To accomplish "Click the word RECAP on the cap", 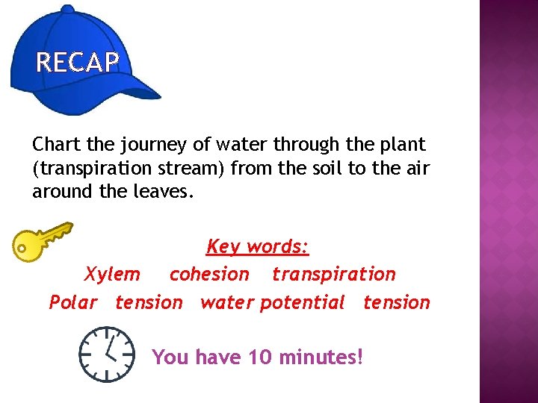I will (x=78, y=63).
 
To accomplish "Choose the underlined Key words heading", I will (x=257, y=246).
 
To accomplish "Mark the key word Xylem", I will (x=112, y=274).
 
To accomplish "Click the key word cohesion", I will (x=209, y=274).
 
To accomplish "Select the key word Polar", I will (x=72, y=302).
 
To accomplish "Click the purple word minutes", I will (x=321, y=357).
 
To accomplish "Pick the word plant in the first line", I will (x=401, y=143).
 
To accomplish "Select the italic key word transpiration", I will (x=333, y=274).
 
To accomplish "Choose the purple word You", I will (x=170, y=357).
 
